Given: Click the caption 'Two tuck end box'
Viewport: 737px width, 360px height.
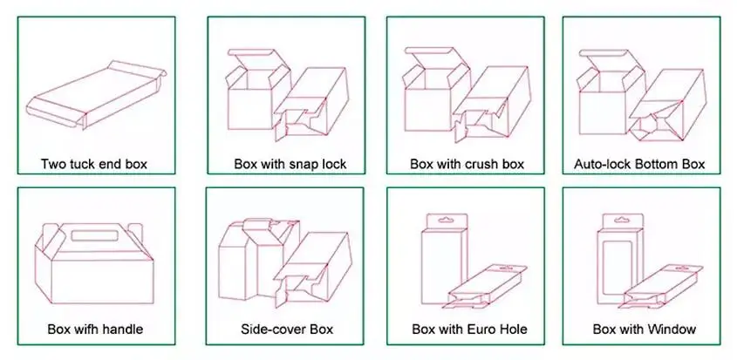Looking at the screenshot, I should [95, 163].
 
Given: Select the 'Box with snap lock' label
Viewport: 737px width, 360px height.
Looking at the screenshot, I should [290, 163].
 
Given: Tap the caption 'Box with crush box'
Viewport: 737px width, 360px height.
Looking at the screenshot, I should [467, 163].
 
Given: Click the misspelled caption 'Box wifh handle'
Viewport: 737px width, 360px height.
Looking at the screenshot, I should [95, 329].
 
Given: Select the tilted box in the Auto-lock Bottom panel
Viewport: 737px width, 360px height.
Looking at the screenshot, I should [668, 109].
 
